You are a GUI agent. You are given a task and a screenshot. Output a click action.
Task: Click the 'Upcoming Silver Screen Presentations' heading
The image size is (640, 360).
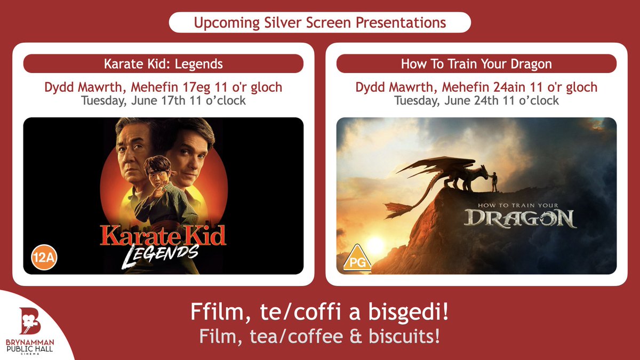click(320, 23)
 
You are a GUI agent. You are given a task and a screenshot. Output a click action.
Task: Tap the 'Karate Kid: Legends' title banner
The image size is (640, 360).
click(163, 64)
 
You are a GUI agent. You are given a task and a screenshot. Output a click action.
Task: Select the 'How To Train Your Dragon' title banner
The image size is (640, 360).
click(476, 64)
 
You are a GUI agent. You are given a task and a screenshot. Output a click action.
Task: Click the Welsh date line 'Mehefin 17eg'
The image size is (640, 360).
click(163, 86)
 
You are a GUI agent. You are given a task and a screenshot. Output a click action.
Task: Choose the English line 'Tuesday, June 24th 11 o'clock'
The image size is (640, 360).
click(476, 100)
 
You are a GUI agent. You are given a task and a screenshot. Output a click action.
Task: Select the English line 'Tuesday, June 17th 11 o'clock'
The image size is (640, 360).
click(163, 100)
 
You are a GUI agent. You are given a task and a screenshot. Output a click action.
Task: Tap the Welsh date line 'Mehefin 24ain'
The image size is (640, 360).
click(476, 86)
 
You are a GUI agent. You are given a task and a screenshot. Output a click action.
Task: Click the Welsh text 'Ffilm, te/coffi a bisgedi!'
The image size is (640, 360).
click(319, 313)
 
